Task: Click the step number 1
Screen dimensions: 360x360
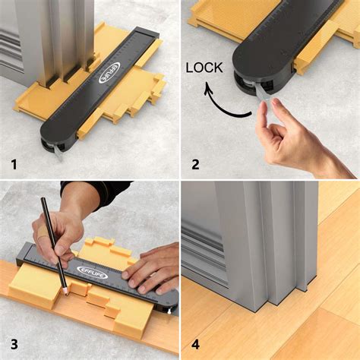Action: pyautogui.click(x=12, y=163)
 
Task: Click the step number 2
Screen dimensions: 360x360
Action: pyautogui.click(x=195, y=163)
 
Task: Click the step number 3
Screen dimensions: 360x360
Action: pyautogui.click(x=12, y=343)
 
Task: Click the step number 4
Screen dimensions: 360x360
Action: pyautogui.click(x=195, y=343)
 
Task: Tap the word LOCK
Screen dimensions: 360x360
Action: pyautogui.click(x=204, y=68)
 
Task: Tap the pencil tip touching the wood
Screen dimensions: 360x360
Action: pyautogui.click(x=67, y=292)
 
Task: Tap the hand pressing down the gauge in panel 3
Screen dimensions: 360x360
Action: pyautogui.click(x=155, y=266)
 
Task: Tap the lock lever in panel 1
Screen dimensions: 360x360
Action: pyautogui.click(x=55, y=150)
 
